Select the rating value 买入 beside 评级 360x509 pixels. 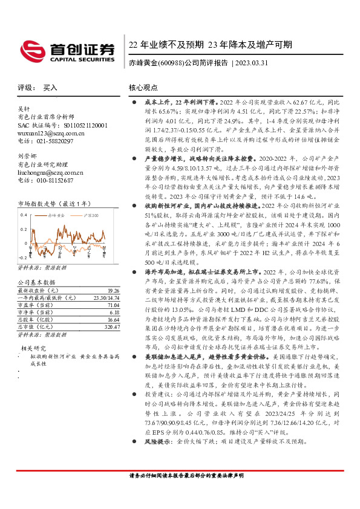(50, 88)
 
